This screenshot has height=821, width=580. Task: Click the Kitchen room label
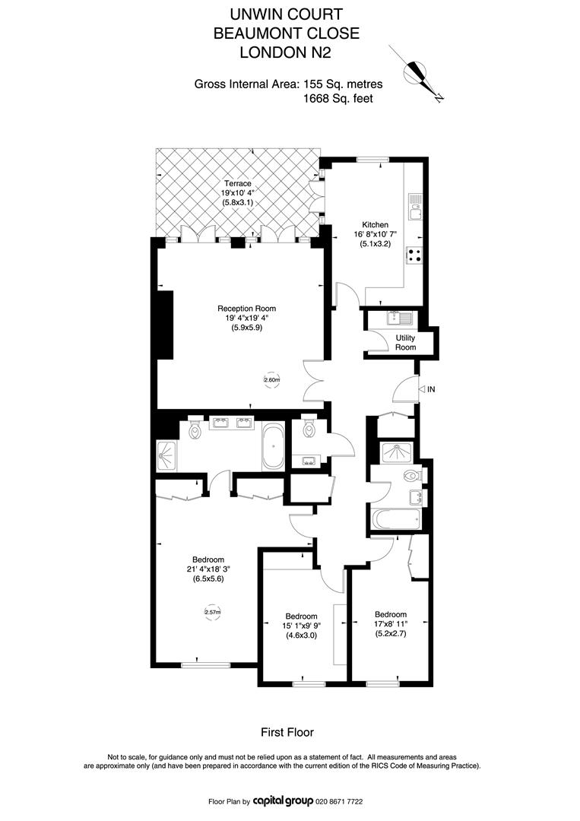pos(376,224)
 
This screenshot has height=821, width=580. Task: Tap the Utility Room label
pos(405,342)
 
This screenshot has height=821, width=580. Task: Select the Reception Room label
pos(246,309)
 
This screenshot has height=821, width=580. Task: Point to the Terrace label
pos(238,184)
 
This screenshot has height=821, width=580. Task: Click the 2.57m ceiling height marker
pos(213,611)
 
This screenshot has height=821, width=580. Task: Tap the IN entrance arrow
pos(427,389)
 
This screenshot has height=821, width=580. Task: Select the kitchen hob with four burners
pos(414,255)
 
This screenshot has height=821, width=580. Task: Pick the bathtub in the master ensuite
pos(274,447)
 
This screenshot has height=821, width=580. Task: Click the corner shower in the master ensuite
pos(167,455)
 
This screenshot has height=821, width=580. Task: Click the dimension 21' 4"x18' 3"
pos(208,569)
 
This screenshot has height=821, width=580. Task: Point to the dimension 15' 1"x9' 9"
pos(301,626)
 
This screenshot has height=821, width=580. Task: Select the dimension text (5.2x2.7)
pos(391,633)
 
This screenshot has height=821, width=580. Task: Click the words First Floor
pos(287,732)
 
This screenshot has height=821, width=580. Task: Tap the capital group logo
pos(284,801)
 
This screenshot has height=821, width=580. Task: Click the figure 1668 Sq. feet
pos(338,98)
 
